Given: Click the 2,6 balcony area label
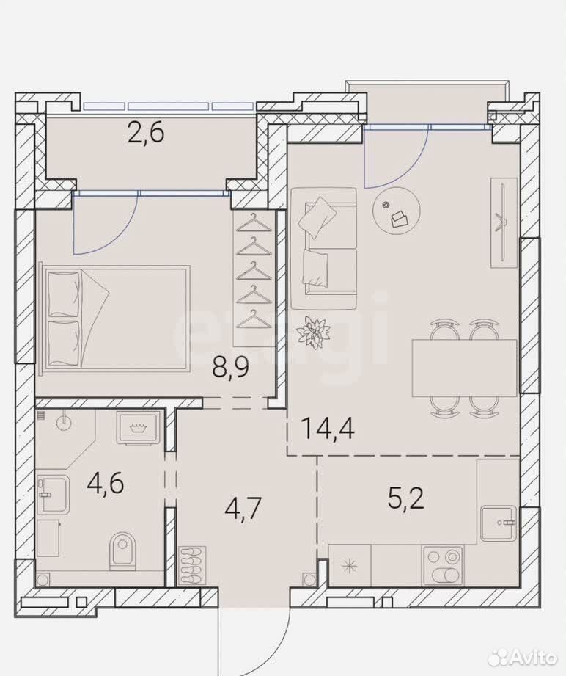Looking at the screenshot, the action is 147,132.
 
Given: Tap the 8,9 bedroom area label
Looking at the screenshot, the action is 230,367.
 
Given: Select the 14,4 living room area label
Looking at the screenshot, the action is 328,428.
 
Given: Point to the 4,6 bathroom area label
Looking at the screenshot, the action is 105,483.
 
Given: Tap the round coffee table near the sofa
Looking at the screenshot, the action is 396,211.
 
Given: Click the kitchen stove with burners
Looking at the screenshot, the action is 443,565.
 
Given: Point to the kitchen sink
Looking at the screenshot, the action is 499,523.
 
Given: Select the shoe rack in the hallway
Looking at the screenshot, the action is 191,565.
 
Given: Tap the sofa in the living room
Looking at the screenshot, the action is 324,248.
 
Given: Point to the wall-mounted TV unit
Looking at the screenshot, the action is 504,222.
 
